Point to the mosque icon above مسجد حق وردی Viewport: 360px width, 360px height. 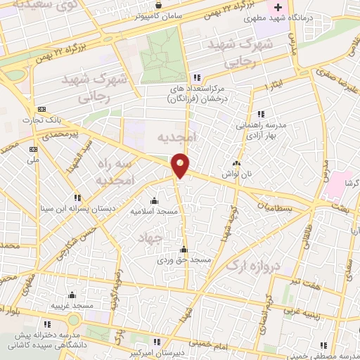point(184,248)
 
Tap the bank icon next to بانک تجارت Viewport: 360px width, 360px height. point(42,110)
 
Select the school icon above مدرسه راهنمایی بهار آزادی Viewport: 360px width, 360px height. point(260,114)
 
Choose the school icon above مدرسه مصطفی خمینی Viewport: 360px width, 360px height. point(323,345)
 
